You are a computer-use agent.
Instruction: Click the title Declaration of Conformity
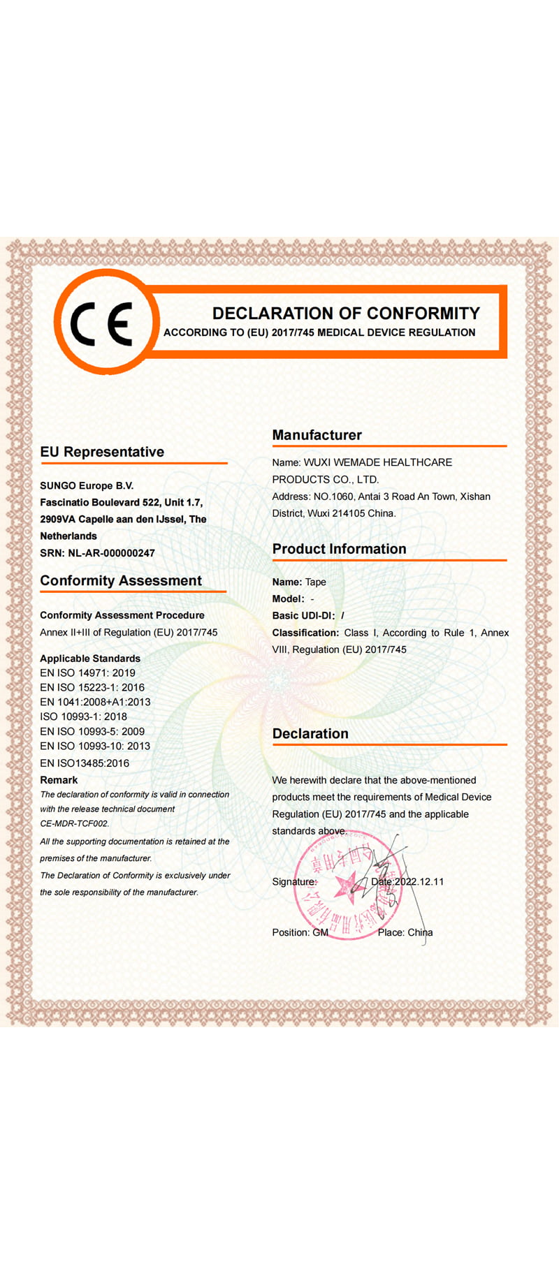point(346,314)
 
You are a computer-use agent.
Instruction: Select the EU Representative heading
point(102,452)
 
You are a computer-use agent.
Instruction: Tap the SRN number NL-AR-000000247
point(111,553)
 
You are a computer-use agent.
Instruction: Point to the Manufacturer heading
point(317,435)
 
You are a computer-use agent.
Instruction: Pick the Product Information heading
point(339,549)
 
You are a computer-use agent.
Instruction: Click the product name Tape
point(316,582)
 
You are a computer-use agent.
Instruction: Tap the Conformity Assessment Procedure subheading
point(122,615)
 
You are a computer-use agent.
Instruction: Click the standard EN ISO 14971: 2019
point(87,673)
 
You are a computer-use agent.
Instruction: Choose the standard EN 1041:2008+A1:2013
point(95,702)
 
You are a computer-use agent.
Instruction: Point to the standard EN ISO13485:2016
point(85,763)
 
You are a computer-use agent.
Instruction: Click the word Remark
point(59,780)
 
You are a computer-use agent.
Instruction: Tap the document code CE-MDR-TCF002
point(74,824)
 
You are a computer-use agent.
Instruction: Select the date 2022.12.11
point(419,881)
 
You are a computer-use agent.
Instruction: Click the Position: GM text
point(300,932)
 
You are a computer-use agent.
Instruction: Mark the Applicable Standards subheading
point(90,659)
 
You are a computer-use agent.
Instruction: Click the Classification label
point(305,633)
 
